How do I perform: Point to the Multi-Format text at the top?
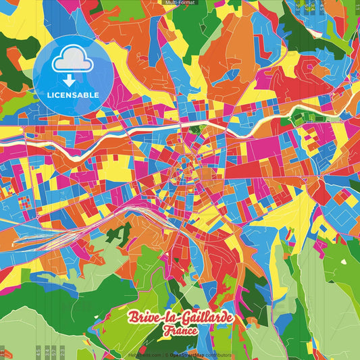[x=180, y=3]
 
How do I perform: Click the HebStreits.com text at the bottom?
[x=145, y=355]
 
